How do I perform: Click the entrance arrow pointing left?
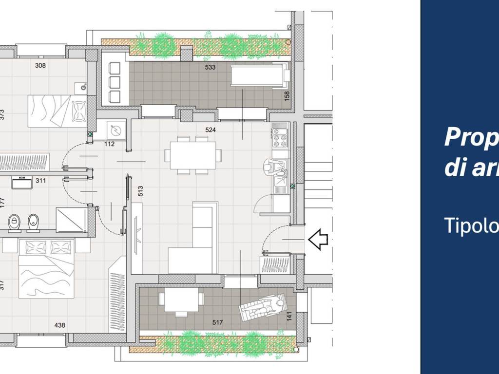tap(318, 240)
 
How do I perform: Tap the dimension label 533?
tap(210, 67)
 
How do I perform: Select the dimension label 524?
tap(210, 130)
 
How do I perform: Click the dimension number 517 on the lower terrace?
tap(218, 322)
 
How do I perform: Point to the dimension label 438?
tap(60, 325)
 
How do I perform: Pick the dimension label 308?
tap(40, 65)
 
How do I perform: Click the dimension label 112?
tap(109, 144)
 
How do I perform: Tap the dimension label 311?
tap(41, 181)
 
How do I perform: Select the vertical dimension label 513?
tap(140, 191)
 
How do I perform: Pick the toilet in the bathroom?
tap(14, 223)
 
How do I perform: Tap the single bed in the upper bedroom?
tap(57, 111)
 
